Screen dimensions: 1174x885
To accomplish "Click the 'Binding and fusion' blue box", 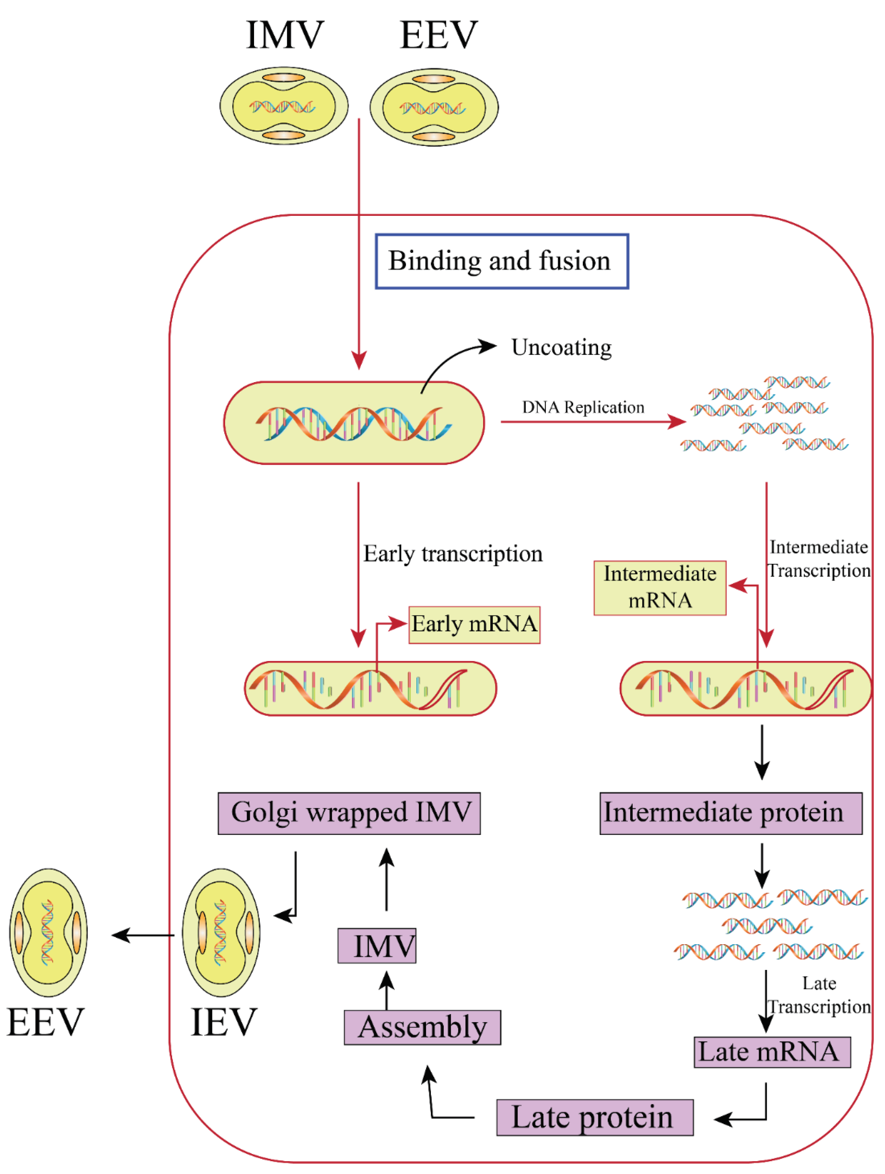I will pos(501,261).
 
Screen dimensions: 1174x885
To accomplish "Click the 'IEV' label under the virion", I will pos(224,1022).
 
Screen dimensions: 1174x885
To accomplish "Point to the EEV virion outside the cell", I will pos(48,932).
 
